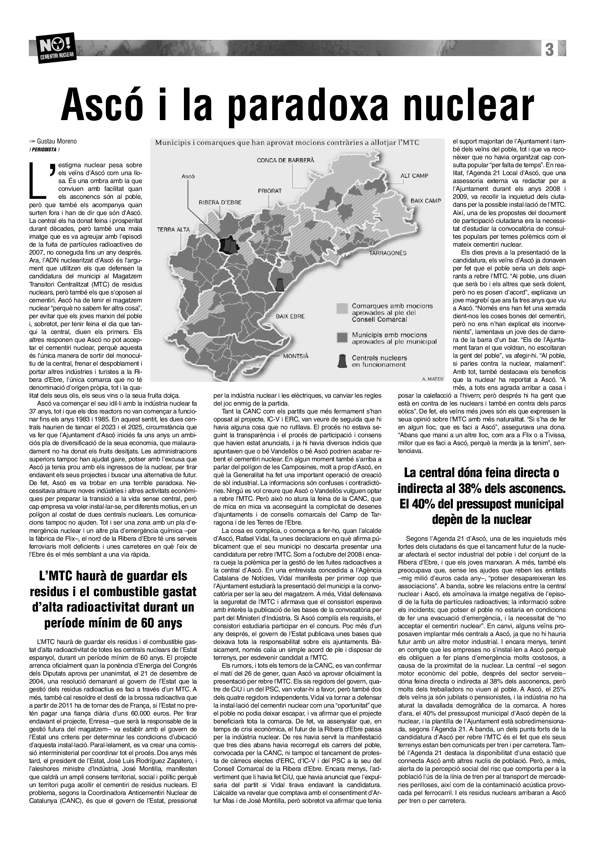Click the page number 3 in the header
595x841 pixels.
coord(549,49)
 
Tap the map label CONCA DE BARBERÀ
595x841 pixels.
coord(285,160)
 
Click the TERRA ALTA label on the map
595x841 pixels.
coord(173,230)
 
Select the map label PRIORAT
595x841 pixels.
coord(270,191)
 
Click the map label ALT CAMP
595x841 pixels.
coord(414,176)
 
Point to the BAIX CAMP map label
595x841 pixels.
coord(425,201)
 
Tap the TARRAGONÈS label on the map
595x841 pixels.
coord(388,253)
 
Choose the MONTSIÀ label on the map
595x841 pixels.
coord(296,356)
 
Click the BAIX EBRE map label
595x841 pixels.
coord(290,316)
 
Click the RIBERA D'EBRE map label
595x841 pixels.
coord(220,202)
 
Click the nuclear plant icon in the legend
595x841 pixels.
coord(342,360)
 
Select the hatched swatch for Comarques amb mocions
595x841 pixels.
coord(342,308)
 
